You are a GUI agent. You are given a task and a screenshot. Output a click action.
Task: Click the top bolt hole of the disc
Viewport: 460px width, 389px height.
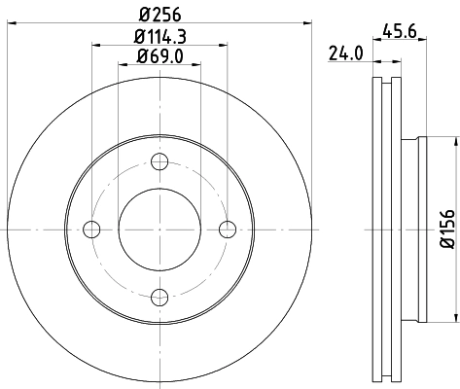tap(160, 161)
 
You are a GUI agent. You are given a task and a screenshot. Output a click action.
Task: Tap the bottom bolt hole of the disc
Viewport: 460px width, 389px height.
tap(160, 297)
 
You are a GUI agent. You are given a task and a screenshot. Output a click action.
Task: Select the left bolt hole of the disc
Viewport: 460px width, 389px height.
tap(92, 230)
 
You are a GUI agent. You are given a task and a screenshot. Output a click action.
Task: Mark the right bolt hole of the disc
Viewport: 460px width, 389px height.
tap(228, 230)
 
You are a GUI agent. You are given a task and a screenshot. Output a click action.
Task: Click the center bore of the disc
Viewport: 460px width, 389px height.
tap(160, 230)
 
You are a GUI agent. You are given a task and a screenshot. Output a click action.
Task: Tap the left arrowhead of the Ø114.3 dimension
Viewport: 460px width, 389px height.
tap(96, 45)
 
